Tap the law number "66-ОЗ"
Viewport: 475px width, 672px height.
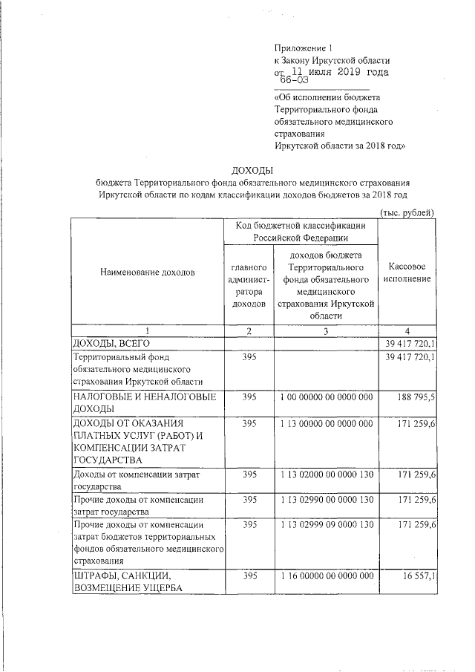294,81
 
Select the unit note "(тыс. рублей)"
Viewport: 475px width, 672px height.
407,212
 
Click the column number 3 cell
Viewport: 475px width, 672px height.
326,330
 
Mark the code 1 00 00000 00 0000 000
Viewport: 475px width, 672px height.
326,397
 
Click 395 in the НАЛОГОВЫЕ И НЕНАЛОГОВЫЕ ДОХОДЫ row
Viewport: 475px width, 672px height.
249,397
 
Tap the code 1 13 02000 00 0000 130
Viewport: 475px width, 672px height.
326,473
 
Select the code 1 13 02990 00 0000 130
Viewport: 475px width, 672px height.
326,500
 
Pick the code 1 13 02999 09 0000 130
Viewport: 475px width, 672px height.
326,525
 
